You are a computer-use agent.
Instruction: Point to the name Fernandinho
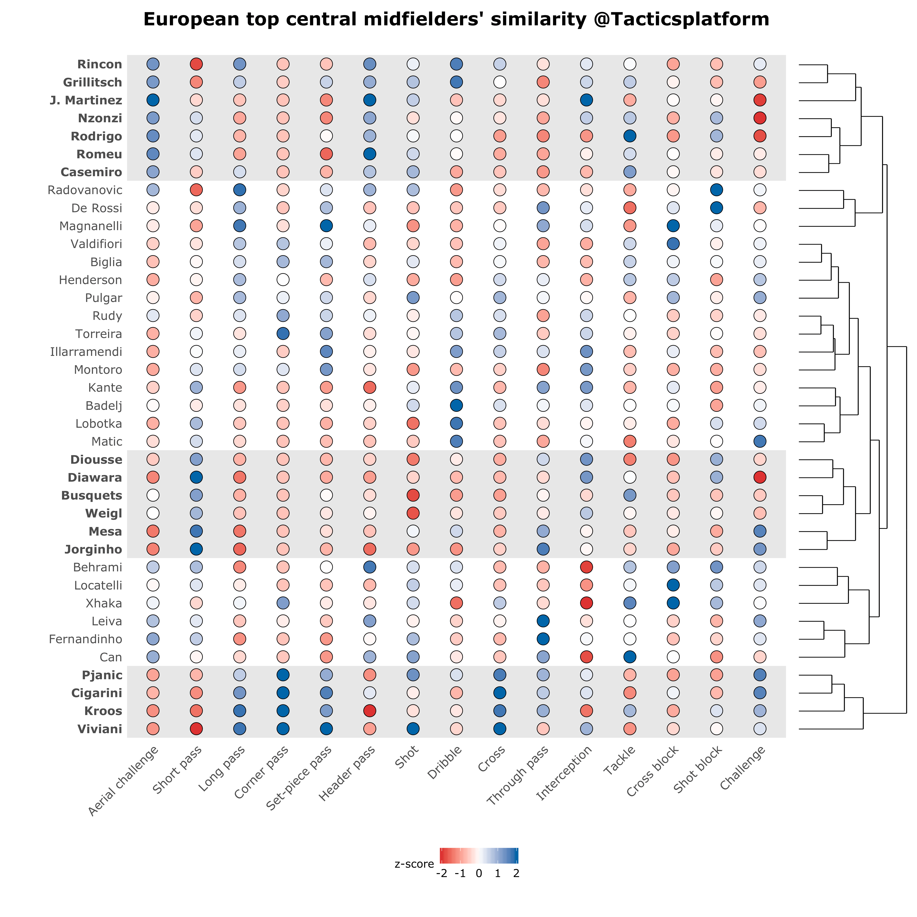85,639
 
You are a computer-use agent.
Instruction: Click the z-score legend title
414,864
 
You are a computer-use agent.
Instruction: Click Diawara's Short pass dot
196,477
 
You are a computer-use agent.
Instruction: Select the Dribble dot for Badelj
456,406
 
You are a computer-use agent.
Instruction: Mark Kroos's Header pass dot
369,711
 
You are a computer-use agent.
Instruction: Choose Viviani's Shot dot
413,729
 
